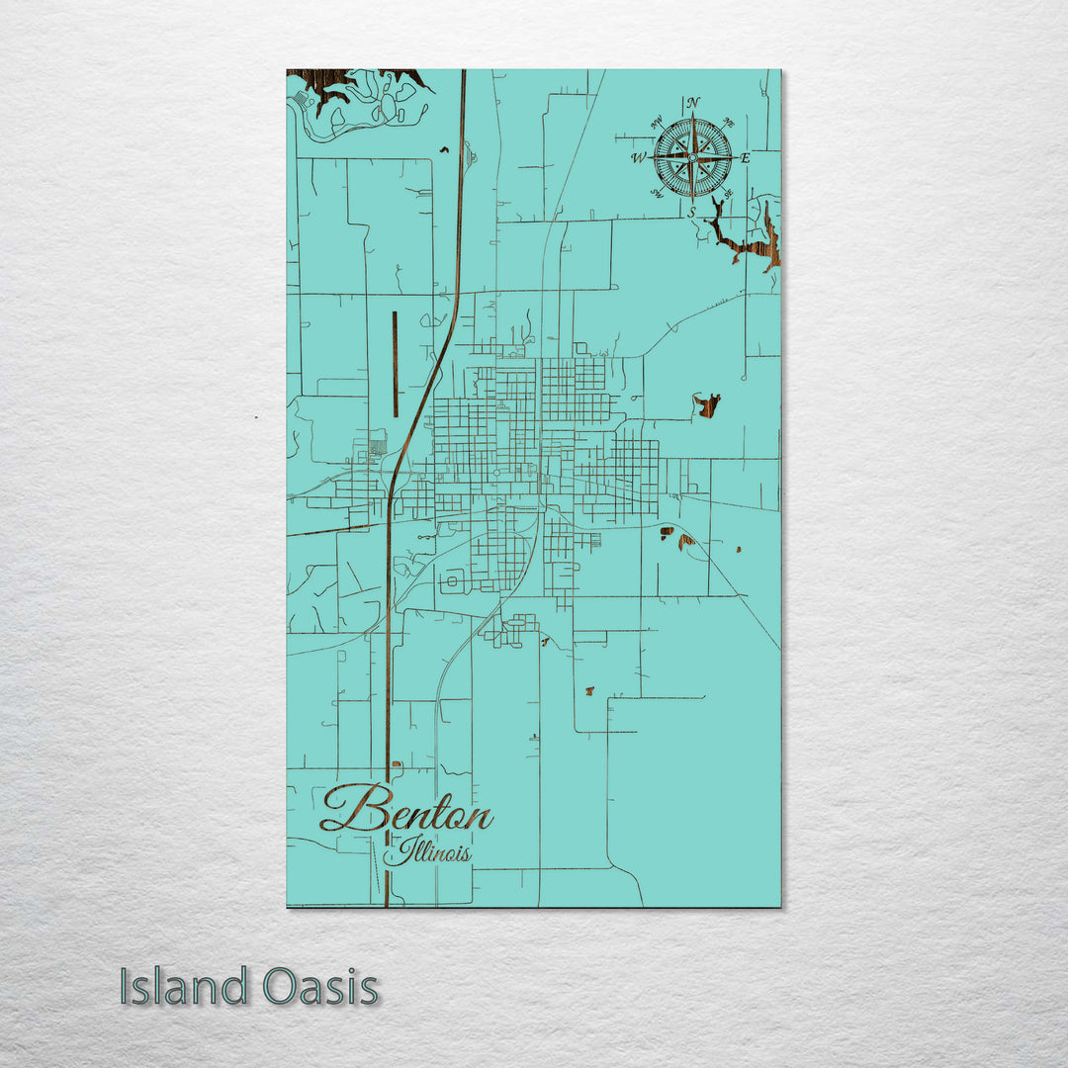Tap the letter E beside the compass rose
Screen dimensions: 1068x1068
(x=746, y=158)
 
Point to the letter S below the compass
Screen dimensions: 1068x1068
(x=692, y=212)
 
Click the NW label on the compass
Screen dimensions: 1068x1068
(x=656, y=123)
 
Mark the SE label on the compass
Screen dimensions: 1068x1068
(x=728, y=194)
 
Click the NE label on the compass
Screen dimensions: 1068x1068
(x=729, y=123)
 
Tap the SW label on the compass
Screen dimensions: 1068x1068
(x=656, y=194)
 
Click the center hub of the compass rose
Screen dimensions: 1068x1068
(x=692, y=157)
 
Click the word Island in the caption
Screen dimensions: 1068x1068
(x=183, y=987)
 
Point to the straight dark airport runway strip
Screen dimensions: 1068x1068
(x=395, y=364)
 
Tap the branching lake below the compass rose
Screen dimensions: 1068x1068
(x=747, y=242)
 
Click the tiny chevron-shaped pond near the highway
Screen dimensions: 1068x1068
(x=444, y=150)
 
